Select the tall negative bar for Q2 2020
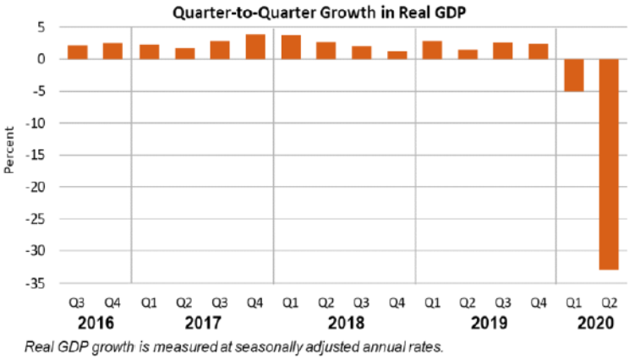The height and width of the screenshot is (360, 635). (609, 164)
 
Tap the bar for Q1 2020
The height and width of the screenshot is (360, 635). (573, 75)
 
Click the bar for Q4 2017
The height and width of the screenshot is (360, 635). (255, 46)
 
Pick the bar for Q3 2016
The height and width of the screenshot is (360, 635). (78, 52)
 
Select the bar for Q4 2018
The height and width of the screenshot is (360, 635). (397, 55)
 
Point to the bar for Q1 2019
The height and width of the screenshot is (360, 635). (432, 50)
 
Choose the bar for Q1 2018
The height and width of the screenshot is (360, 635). (291, 47)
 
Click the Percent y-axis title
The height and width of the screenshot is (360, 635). (9, 150)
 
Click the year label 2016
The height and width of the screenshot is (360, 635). (95, 324)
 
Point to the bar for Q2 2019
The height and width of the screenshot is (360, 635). (468, 54)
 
